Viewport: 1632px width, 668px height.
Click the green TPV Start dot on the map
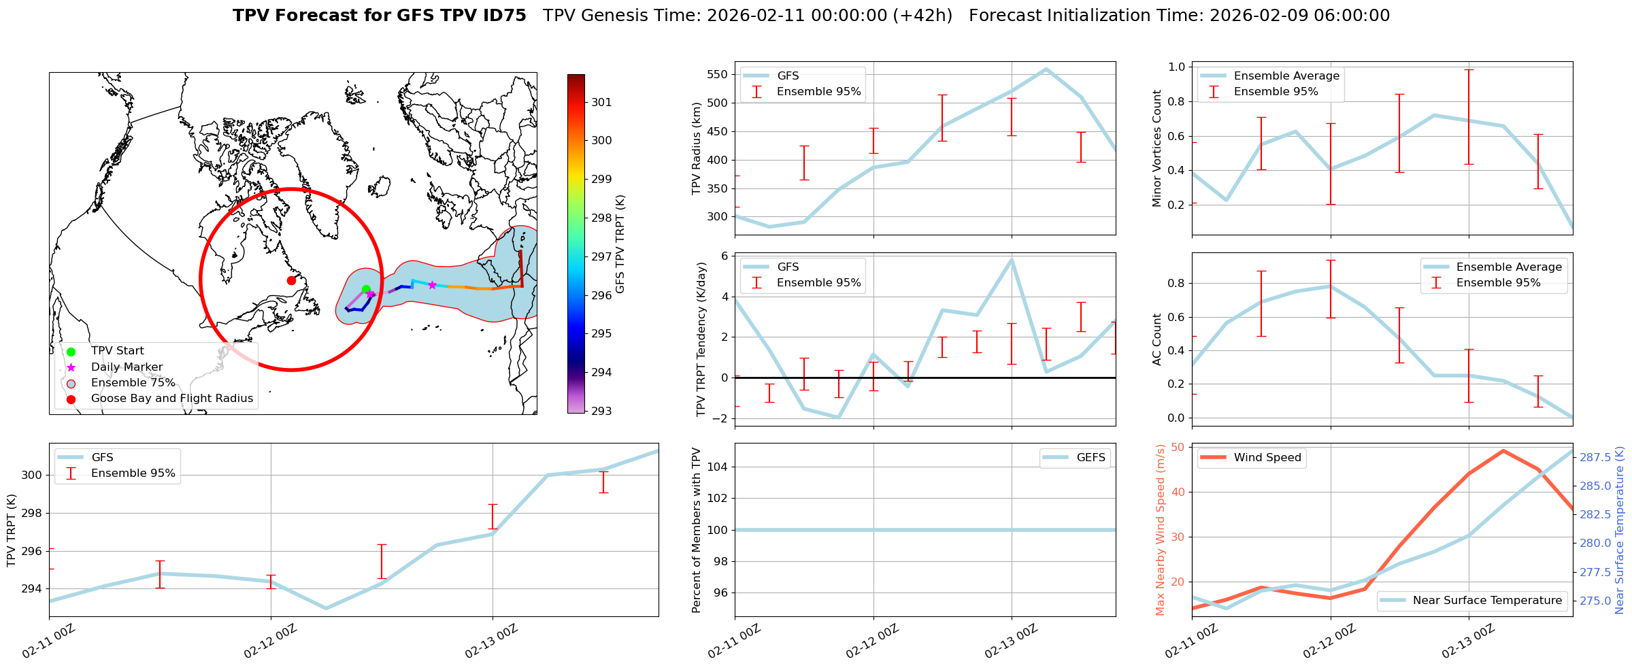(366, 289)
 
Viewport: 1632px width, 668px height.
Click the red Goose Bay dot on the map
(291, 280)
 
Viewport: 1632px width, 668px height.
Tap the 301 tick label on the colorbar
(601, 102)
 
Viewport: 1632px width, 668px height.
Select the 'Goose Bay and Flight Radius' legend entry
(171, 399)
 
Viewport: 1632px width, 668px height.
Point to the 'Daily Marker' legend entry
(127, 367)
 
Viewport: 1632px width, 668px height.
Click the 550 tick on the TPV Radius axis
(716, 75)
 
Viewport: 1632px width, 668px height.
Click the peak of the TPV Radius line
(1046, 69)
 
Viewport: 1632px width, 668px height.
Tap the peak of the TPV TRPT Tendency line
(1012, 259)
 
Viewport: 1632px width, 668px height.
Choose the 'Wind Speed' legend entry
(1267, 458)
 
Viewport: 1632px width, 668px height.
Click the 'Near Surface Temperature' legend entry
(1487, 601)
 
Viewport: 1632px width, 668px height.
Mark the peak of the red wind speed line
(1503, 450)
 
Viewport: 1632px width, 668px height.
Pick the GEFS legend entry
(1090, 458)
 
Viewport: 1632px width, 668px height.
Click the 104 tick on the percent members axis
(718, 467)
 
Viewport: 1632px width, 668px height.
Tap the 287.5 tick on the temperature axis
(1595, 458)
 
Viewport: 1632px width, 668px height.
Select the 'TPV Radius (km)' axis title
(697, 148)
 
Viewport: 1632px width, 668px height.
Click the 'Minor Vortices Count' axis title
(1156, 148)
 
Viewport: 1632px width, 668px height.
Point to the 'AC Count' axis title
(1156, 339)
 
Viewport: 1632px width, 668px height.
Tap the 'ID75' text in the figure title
(504, 16)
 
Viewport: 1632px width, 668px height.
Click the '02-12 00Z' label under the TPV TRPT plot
(271, 641)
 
